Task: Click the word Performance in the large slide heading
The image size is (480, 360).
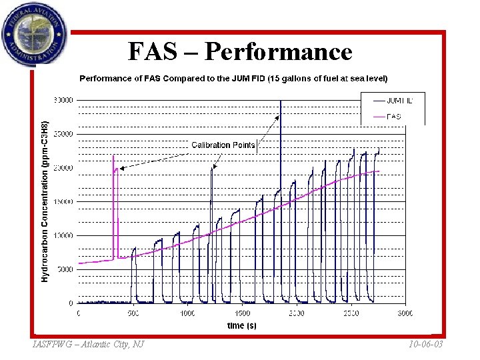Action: [x=279, y=51]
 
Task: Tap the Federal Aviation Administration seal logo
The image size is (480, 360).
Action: [x=34, y=35]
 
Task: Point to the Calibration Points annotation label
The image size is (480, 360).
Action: [x=223, y=145]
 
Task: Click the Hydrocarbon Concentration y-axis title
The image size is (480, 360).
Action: [x=45, y=201]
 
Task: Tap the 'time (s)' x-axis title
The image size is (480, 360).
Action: [x=241, y=325]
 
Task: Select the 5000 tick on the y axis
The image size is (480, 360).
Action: [x=66, y=269]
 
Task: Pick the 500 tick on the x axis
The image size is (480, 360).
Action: [x=133, y=313]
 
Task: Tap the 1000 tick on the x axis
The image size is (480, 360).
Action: [x=187, y=313]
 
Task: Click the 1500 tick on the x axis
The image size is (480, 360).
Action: [x=242, y=313]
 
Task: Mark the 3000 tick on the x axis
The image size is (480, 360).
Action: [x=405, y=313]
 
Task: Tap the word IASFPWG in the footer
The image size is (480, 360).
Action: [x=51, y=344]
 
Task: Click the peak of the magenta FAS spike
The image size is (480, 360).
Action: [x=113, y=156]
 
